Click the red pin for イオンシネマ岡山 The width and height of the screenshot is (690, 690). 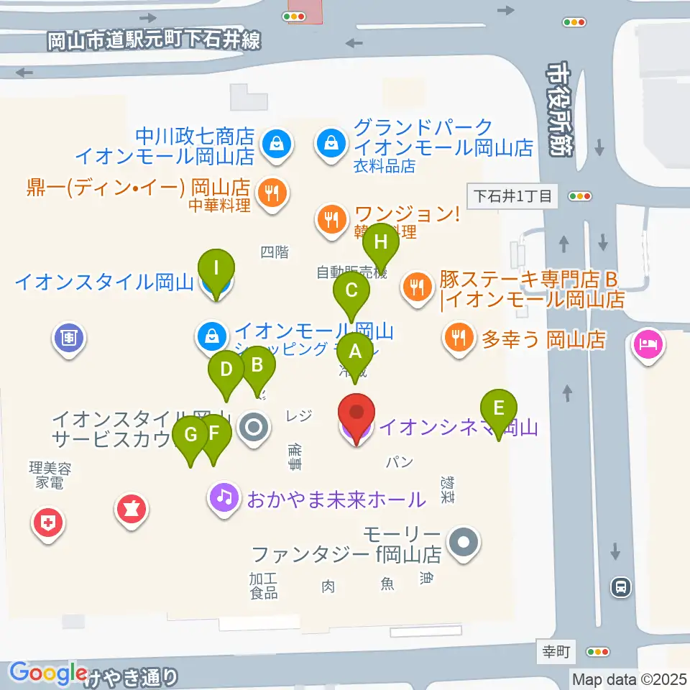[357, 416]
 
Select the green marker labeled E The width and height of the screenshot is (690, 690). [499, 410]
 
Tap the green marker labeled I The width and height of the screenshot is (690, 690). [216, 270]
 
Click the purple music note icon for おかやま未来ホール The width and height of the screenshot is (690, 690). [224, 497]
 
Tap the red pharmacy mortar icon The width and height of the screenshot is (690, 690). [131, 510]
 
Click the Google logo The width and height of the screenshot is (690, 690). [49, 673]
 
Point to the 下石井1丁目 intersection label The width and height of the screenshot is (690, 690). [512, 195]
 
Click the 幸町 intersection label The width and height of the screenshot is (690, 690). [556, 653]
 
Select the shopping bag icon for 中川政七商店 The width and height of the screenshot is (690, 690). [275, 144]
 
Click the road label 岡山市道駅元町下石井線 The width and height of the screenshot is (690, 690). [154, 41]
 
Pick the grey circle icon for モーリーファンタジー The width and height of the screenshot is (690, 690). [464, 542]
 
